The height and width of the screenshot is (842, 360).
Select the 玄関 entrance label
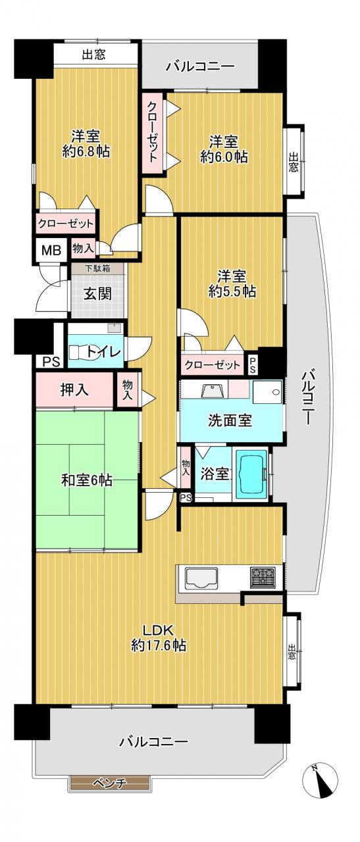[97, 294]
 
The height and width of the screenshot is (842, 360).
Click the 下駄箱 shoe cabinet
[97, 268]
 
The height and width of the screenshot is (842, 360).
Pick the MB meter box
[51, 250]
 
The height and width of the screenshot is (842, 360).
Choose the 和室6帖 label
[86, 480]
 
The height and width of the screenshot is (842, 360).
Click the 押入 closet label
[75, 390]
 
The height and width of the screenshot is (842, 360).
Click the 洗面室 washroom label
[230, 420]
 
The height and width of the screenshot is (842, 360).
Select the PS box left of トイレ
[51, 361]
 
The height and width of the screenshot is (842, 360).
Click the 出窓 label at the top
[93, 55]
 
